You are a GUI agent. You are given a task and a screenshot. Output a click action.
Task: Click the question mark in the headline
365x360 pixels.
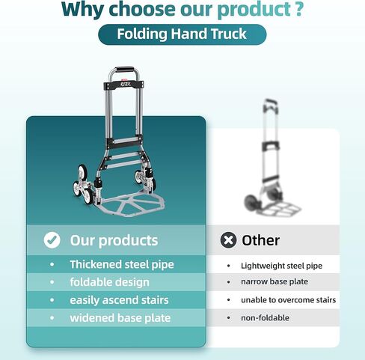pyautogui.click(x=297, y=9)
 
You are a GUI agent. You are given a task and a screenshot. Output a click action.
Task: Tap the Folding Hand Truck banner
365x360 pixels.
pyautogui.click(x=182, y=34)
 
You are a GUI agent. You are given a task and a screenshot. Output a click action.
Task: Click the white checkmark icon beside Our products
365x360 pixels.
pyautogui.click(x=52, y=240)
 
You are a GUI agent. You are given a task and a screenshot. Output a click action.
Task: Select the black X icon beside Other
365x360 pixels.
pyautogui.click(x=228, y=240)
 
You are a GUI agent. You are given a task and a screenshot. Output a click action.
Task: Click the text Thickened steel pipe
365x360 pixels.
pyautogui.click(x=122, y=264)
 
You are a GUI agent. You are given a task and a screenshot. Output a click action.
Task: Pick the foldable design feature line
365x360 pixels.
pyautogui.click(x=109, y=282)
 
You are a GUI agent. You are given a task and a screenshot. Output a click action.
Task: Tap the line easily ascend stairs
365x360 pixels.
pyautogui.click(x=119, y=300)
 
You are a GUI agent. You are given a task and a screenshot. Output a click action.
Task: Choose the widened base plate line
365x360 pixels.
pyautogui.click(x=120, y=318)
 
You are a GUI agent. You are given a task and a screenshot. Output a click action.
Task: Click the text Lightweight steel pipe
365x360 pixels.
pyautogui.click(x=281, y=266)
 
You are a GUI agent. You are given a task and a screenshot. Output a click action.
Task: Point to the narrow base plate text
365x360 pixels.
pyautogui.click(x=274, y=281)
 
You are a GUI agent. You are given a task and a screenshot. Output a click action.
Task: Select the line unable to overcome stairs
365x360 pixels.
pyautogui.click(x=288, y=300)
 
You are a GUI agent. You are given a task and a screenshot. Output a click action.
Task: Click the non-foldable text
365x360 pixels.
pyautogui.click(x=265, y=318)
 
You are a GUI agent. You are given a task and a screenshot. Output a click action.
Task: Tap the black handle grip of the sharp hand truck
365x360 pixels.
pyautogui.click(x=124, y=69)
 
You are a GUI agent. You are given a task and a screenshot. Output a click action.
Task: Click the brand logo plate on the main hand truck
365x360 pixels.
pyautogui.click(x=124, y=85)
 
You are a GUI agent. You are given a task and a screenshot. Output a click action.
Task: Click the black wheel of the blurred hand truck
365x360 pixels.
pyautogui.click(x=251, y=202)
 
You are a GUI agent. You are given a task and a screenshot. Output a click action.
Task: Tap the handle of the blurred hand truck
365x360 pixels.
pyautogui.click(x=270, y=103)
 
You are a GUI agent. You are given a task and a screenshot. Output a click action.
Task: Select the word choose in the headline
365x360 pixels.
pyautogui.click(x=142, y=9)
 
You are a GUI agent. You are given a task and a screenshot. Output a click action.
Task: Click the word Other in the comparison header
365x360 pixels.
pyautogui.click(x=260, y=240)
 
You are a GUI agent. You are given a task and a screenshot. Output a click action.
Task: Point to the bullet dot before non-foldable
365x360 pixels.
pyautogui.click(x=229, y=318)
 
